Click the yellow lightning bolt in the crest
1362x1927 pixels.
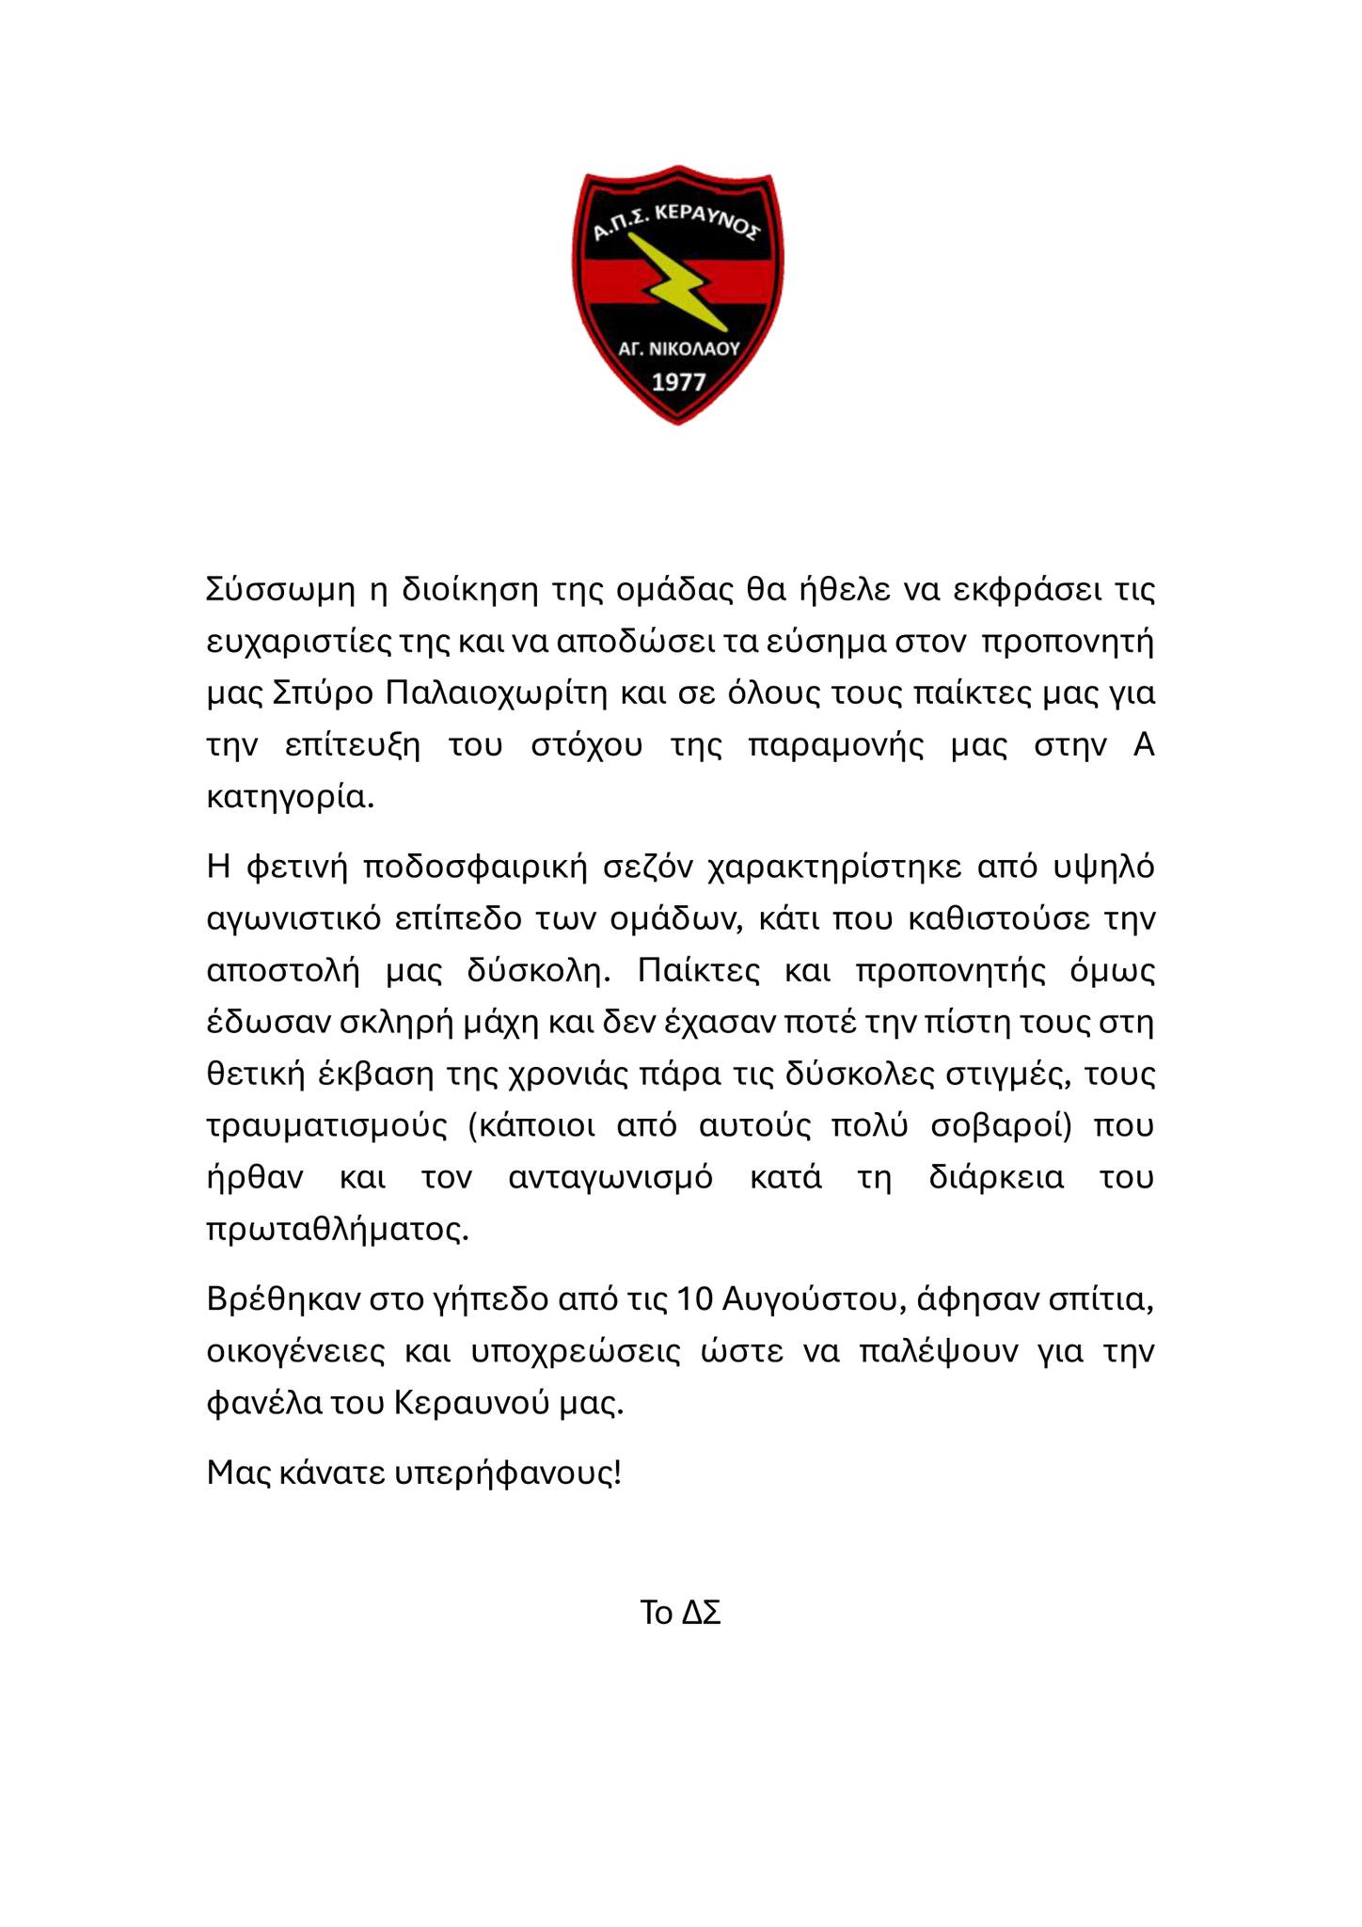click(680, 283)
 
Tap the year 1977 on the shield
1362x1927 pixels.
click(679, 383)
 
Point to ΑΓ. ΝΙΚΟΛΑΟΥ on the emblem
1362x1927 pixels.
click(679, 348)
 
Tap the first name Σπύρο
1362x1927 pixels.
click(321, 694)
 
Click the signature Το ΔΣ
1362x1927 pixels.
click(680, 1614)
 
